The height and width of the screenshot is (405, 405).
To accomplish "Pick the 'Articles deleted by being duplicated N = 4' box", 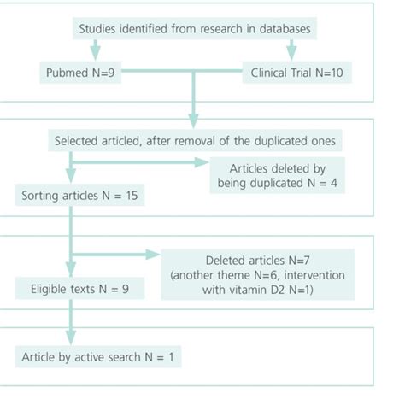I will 275,174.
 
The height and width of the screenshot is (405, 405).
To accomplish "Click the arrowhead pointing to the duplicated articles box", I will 201,161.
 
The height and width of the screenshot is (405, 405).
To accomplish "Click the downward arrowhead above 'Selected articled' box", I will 194,117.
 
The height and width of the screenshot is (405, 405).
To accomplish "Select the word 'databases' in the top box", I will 282,27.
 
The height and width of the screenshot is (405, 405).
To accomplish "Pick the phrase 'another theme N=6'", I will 225,276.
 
